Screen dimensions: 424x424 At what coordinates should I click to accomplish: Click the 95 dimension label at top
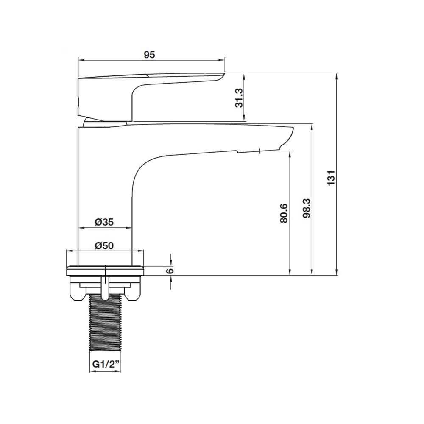point(149,55)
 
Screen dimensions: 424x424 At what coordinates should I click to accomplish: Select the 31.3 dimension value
point(239,98)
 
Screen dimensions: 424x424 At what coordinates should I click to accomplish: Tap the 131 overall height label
point(331,178)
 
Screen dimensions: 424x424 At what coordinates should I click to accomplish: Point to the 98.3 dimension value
point(307,208)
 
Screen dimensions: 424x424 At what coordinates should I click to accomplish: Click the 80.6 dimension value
point(284,213)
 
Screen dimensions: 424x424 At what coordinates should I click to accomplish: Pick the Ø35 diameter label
point(104,222)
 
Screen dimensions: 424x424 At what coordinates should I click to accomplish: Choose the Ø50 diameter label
point(104,245)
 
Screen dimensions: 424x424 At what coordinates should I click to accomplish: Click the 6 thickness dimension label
point(170,271)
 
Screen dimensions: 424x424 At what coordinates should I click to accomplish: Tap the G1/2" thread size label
point(106,364)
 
